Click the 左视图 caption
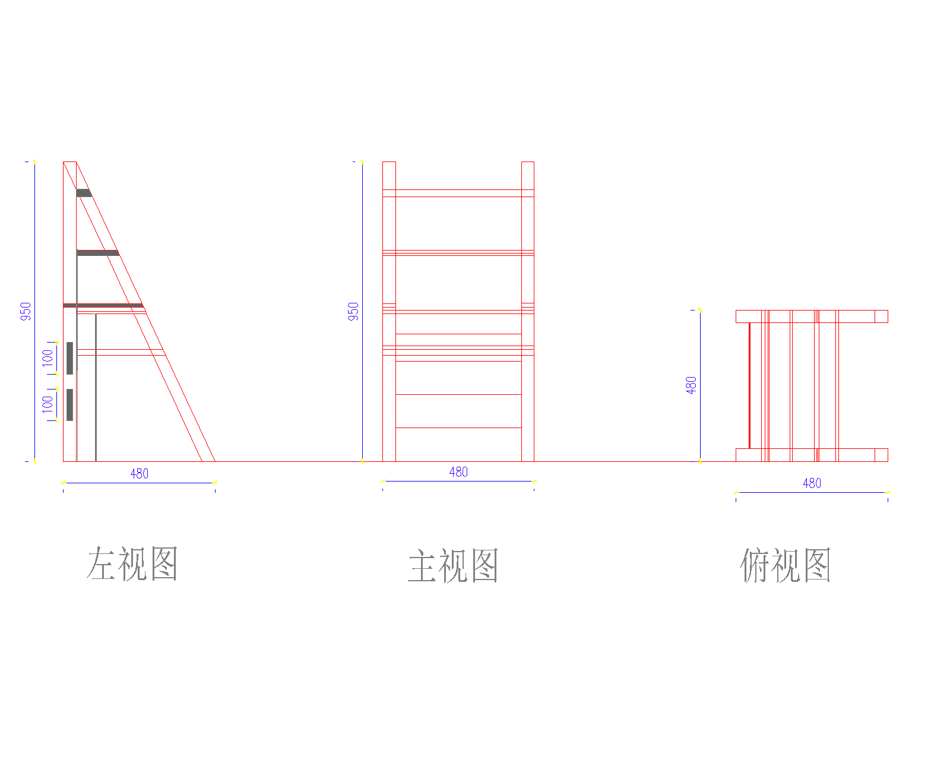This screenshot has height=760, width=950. (132, 563)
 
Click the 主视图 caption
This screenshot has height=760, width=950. (453, 566)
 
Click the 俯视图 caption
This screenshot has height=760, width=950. (786, 565)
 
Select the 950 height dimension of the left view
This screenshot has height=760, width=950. (26, 311)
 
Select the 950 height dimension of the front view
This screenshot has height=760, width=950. (353, 311)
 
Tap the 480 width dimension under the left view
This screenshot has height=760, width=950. (140, 474)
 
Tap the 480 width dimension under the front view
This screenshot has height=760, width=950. (458, 472)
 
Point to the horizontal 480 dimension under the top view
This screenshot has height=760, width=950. (812, 483)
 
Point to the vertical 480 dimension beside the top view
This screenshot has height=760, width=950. (691, 385)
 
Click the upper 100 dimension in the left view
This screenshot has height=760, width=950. (47, 357)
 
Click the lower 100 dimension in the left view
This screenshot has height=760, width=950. (47, 404)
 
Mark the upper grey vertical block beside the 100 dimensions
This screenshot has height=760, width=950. (69, 358)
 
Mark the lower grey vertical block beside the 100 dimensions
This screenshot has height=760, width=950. (69, 404)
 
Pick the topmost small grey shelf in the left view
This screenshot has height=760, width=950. (84, 193)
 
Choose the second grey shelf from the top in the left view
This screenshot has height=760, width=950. (97, 253)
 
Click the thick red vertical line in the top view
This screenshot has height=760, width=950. (749, 385)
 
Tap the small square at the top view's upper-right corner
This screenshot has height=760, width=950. (881, 316)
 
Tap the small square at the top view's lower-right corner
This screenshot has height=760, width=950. (881, 455)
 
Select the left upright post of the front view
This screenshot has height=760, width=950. (389, 311)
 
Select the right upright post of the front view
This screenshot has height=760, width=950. (527, 311)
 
